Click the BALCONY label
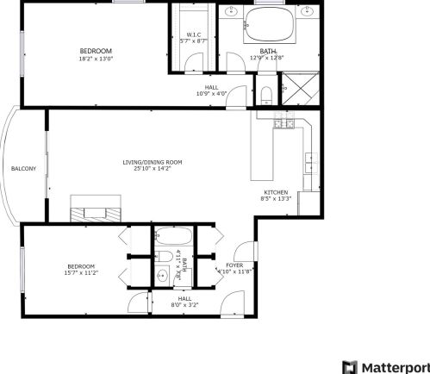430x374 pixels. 23,168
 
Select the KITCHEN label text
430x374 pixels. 276,192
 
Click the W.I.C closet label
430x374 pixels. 194,35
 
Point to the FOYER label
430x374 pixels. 234,265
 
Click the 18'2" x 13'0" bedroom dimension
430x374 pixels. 95,59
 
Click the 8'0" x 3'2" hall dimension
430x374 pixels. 184,304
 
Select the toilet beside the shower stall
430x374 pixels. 266,92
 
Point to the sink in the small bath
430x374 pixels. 164,277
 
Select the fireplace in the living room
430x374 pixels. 96,214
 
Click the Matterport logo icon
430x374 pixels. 349,366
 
